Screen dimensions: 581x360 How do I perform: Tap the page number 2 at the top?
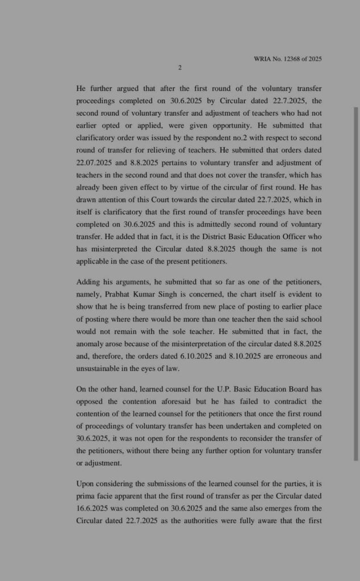(179, 68)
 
